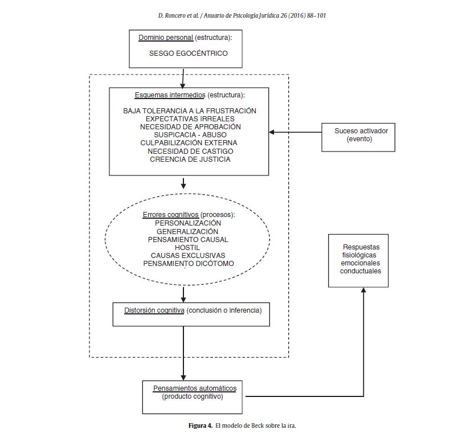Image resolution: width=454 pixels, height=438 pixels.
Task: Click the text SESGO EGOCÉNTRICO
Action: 188,54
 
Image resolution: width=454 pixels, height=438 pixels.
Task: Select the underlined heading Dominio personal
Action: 166,38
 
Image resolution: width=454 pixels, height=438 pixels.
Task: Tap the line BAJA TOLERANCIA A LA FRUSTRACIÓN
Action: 190,110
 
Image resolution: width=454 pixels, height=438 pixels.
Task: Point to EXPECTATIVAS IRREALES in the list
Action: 190,118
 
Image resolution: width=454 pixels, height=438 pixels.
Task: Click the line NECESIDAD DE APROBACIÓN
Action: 190,126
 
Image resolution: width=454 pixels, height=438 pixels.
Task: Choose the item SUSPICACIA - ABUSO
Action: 190,134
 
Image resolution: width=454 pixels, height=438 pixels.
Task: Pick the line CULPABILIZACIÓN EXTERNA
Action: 190,142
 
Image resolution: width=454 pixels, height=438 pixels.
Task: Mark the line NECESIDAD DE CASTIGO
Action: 190,151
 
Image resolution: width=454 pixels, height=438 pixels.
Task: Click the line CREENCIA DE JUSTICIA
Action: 190,159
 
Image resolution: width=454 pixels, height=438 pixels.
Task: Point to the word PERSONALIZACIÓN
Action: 188,223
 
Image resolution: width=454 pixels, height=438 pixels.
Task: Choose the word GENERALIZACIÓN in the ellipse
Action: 188,232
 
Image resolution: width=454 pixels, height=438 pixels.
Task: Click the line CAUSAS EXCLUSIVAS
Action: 188,255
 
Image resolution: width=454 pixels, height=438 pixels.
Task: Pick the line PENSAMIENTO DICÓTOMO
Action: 188,263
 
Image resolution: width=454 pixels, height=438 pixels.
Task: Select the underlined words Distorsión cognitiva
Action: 154,310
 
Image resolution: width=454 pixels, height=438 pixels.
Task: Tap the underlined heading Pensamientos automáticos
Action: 195,388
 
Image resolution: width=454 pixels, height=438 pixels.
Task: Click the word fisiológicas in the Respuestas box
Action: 361,255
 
